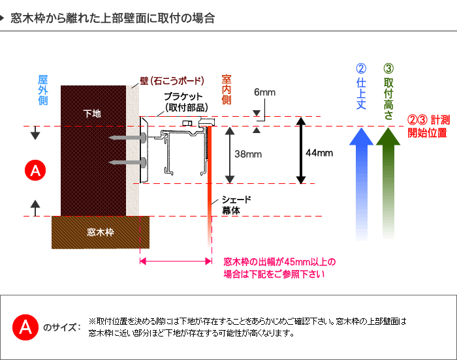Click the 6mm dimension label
[x=264, y=92]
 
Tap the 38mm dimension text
[x=248, y=154]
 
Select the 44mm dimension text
[x=319, y=153]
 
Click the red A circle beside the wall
[x=35, y=170]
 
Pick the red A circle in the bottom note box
[x=25, y=327]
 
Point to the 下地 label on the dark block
[x=92, y=113]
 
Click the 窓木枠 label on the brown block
[x=101, y=232]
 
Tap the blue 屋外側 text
[x=43, y=90]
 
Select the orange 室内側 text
[x=227, y=89]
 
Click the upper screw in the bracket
[x=127, y=137]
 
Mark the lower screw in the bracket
[x=127, y=162]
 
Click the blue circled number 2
[x=361, y=68]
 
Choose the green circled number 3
[x=388, y=68]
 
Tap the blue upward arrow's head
[x=362, y=136]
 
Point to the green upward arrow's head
[x=388, y=136]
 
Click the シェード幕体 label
[x=236, y=205]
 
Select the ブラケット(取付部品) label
[x=186, y=102]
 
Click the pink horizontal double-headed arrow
[x=176, y=261]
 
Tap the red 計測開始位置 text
[x=428, y=126]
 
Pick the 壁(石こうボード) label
[x=172, y=81]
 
